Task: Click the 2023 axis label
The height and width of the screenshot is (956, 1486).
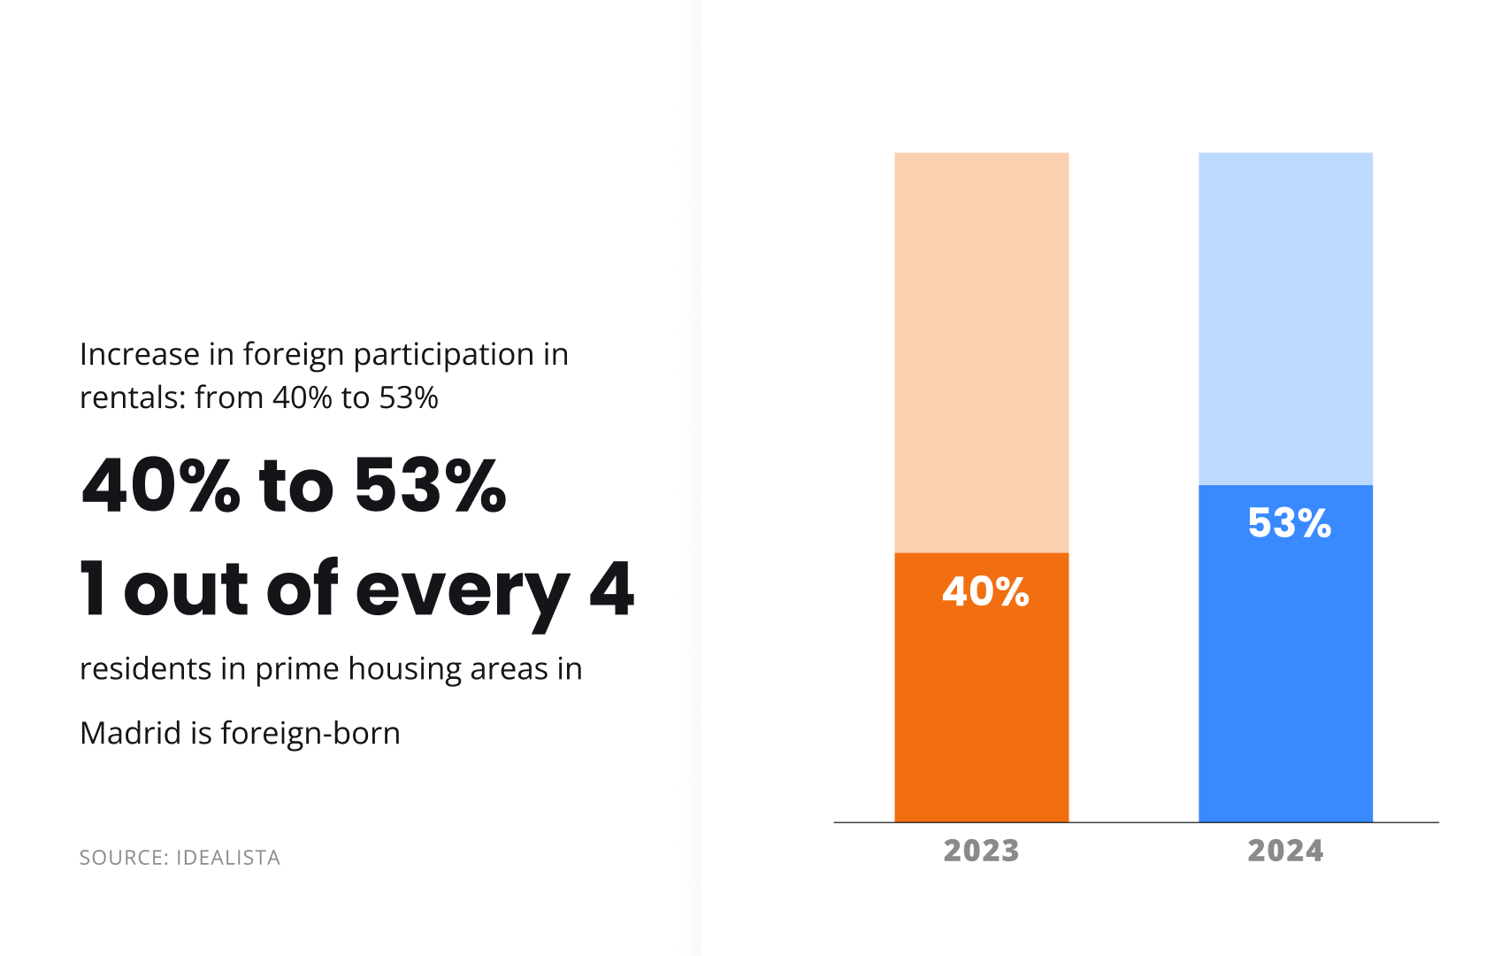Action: [x=981, y=851]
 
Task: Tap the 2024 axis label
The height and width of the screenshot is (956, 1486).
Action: [x=1285, y=851]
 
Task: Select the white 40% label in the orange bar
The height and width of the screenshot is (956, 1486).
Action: [x=985, y=591]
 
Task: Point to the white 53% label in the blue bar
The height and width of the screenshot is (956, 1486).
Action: [x=1289, y=523]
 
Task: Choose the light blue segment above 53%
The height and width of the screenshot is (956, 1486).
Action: [x=1285, y=319]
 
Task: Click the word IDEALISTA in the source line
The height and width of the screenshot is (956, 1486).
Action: [x=228, y=858]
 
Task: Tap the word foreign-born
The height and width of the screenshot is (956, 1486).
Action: [x=310, y=734]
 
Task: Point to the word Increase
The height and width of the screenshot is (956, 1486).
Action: [x=140, y=354]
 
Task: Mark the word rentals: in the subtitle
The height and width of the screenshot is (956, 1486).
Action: [x=133, y=398]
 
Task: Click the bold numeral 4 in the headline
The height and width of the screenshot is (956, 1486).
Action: [x=611, y=589]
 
